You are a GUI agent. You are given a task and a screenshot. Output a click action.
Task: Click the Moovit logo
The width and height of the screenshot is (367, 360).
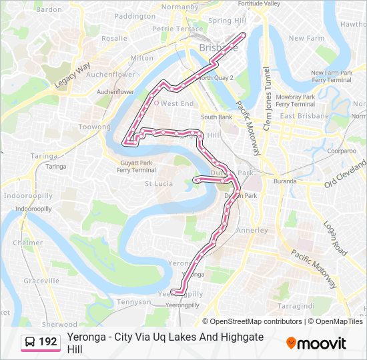[316, 343]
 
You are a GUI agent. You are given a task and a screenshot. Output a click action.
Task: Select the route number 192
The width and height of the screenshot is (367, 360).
[48, 342]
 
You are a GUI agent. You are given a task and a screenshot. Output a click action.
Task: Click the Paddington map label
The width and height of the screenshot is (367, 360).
[135, 16]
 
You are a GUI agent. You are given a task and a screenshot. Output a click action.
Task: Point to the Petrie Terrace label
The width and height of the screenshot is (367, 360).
[177, 29]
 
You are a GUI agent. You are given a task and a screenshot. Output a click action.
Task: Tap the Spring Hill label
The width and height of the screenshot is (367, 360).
[228, 21]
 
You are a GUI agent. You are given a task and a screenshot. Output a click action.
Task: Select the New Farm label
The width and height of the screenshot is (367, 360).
[306, 39]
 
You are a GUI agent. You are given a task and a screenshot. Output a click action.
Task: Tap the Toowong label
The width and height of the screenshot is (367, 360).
[95, 127]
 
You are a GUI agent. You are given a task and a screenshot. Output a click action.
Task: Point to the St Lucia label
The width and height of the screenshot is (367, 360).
[159, 183]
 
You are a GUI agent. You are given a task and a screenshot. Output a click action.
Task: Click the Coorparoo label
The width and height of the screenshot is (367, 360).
[342, 151]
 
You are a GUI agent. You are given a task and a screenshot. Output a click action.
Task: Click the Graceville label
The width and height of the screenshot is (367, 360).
[41, 281]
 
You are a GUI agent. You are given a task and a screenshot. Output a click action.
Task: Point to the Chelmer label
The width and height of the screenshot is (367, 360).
[27, 243]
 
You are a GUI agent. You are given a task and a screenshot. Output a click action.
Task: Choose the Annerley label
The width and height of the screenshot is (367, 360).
[252, 231]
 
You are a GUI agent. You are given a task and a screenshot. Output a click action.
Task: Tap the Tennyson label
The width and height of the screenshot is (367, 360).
[133, 302]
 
